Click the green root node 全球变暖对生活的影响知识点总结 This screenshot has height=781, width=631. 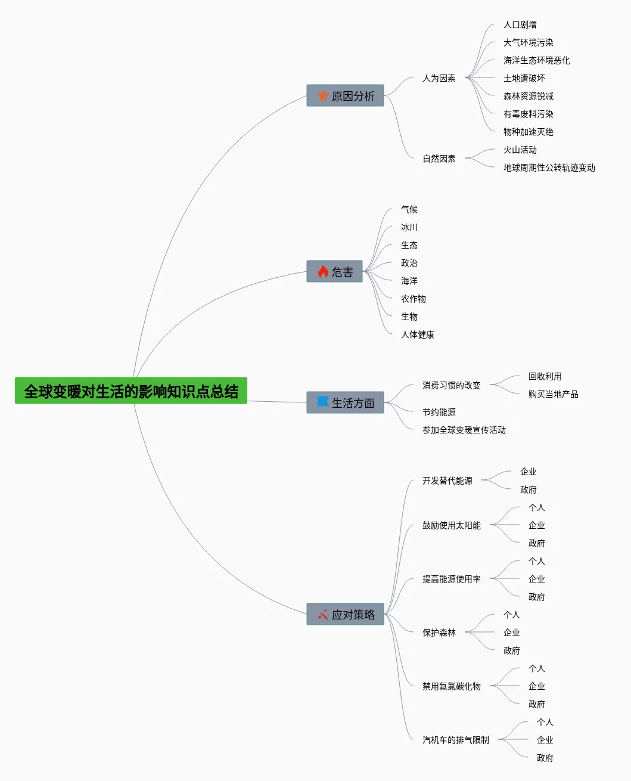point(131,391)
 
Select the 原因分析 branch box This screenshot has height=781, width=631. point(345,95)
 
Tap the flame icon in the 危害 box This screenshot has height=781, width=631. point(323,271)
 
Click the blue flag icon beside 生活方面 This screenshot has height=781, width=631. point(323,402)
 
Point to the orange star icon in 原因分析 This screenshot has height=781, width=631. point(323,95)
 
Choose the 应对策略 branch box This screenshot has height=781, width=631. point(345,614)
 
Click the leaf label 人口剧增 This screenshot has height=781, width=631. point(520,24)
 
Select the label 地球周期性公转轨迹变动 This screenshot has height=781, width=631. point(549,168)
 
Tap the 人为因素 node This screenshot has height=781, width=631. point(439,78)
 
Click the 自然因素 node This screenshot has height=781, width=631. point(439,159)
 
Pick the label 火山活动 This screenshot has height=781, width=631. point(520,150)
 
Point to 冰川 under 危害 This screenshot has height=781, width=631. point(409,227)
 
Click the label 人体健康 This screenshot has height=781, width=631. point(417,334)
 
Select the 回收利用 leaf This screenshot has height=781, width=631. point(545,376)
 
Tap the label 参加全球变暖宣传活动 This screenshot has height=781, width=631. point(464,430)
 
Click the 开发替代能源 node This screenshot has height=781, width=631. point(447,481)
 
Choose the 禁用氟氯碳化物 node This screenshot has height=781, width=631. point(451,686)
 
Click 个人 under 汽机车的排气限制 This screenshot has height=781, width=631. point(545,722)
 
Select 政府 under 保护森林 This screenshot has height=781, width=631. point(511,650)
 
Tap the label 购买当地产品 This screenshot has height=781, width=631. point(553,394)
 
